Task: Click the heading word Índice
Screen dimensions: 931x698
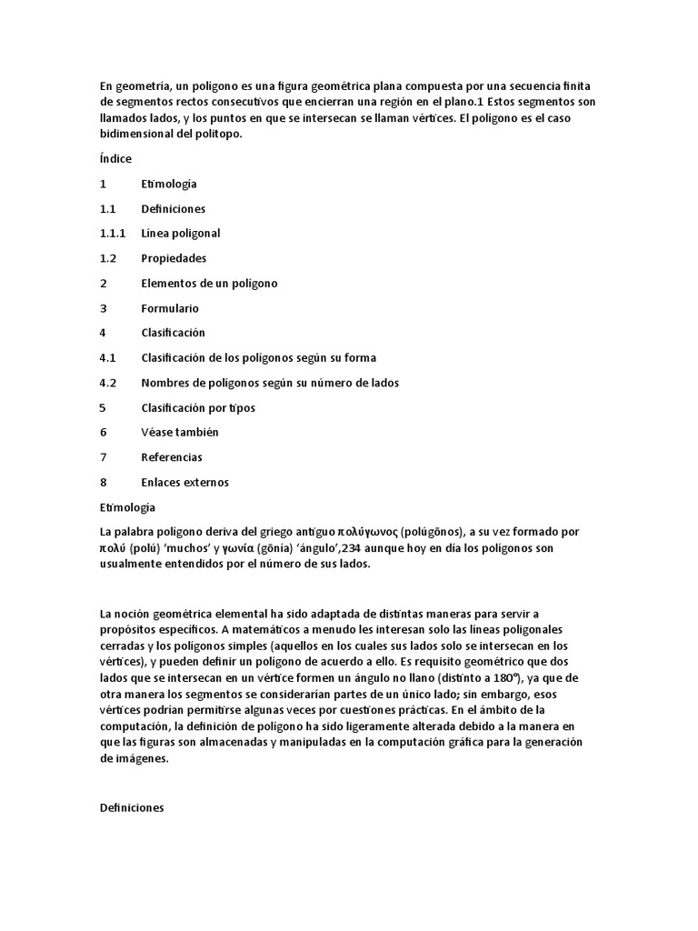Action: click(115, 159)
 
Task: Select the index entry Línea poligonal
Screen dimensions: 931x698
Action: click(181, 234)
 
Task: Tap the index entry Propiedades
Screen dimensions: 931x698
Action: click(174, 258)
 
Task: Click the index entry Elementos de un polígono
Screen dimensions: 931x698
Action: click(209, 284)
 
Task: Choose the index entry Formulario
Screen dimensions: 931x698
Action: click(170, 308)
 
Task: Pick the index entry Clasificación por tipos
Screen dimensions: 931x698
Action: click(198, 408)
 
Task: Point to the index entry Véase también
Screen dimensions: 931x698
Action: click(180, 433)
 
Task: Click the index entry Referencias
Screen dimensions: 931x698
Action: click(172, 457)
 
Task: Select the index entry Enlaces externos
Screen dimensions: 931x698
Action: click(184, 483)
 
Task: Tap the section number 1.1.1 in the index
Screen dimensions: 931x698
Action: click(113, 234)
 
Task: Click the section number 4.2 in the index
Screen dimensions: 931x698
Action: click(108, 384)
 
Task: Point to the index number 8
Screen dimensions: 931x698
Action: click(104, 483)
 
